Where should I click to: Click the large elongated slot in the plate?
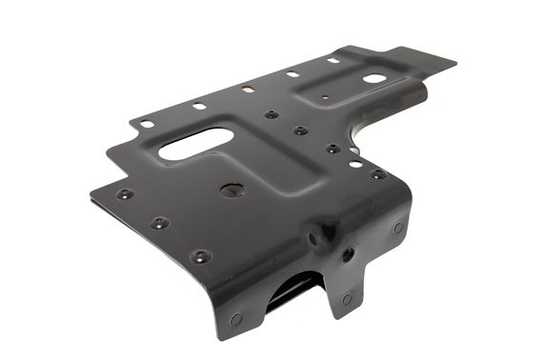click(195, 144)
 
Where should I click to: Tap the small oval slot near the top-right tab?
click(374, 78)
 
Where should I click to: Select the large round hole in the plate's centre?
click(231, 190)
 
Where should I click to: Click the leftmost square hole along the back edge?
click(147, 124)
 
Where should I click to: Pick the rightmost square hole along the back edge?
click(333, 61)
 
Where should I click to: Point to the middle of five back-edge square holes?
click(248, 90)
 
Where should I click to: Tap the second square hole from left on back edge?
click(199, 106)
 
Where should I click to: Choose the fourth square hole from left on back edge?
click(292, 74)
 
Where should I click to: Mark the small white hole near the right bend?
click(354, 164)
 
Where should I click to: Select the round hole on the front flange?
click(348, 254)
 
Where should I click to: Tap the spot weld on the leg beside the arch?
click(346, 298)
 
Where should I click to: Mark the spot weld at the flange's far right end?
click(397, 228)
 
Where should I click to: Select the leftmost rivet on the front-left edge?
click(124, 194)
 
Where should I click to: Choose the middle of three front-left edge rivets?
click(160, 223)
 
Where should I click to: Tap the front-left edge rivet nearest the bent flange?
click(200, 255)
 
